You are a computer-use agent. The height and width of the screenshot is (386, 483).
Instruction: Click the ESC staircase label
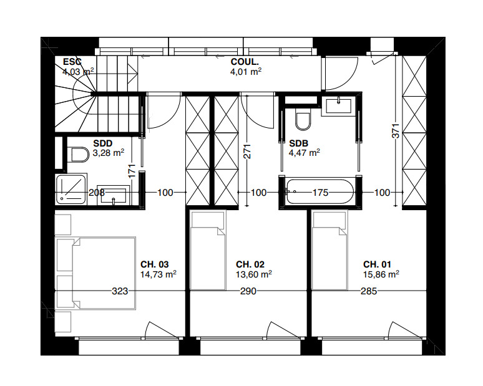71,62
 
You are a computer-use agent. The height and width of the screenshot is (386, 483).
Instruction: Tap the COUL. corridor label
245,62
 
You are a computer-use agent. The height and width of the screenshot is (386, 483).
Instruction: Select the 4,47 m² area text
304,152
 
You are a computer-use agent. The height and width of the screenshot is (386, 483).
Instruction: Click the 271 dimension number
247,152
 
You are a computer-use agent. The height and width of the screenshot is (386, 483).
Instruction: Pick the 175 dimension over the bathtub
320,193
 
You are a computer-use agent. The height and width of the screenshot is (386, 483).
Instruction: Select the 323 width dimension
120,291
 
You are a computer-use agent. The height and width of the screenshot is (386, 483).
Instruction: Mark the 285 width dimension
368,291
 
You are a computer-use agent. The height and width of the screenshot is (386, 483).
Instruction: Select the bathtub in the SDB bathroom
320,191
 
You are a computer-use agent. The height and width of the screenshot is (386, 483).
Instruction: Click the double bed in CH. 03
103,272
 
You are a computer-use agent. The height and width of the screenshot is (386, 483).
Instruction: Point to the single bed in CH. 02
208,251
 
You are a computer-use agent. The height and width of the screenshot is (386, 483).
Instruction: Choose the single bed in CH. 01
329,251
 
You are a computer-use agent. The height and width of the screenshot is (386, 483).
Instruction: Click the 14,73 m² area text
159,273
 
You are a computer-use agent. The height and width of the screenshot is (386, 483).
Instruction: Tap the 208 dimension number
96,193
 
